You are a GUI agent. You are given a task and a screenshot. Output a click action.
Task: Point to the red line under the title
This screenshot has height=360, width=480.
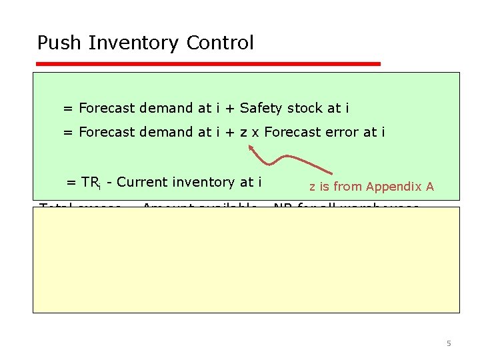coord(207,64)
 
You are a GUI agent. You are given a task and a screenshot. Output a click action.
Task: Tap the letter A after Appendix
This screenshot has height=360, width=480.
coord(430,187)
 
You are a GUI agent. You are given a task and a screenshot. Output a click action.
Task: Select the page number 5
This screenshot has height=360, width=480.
coord(449,343)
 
